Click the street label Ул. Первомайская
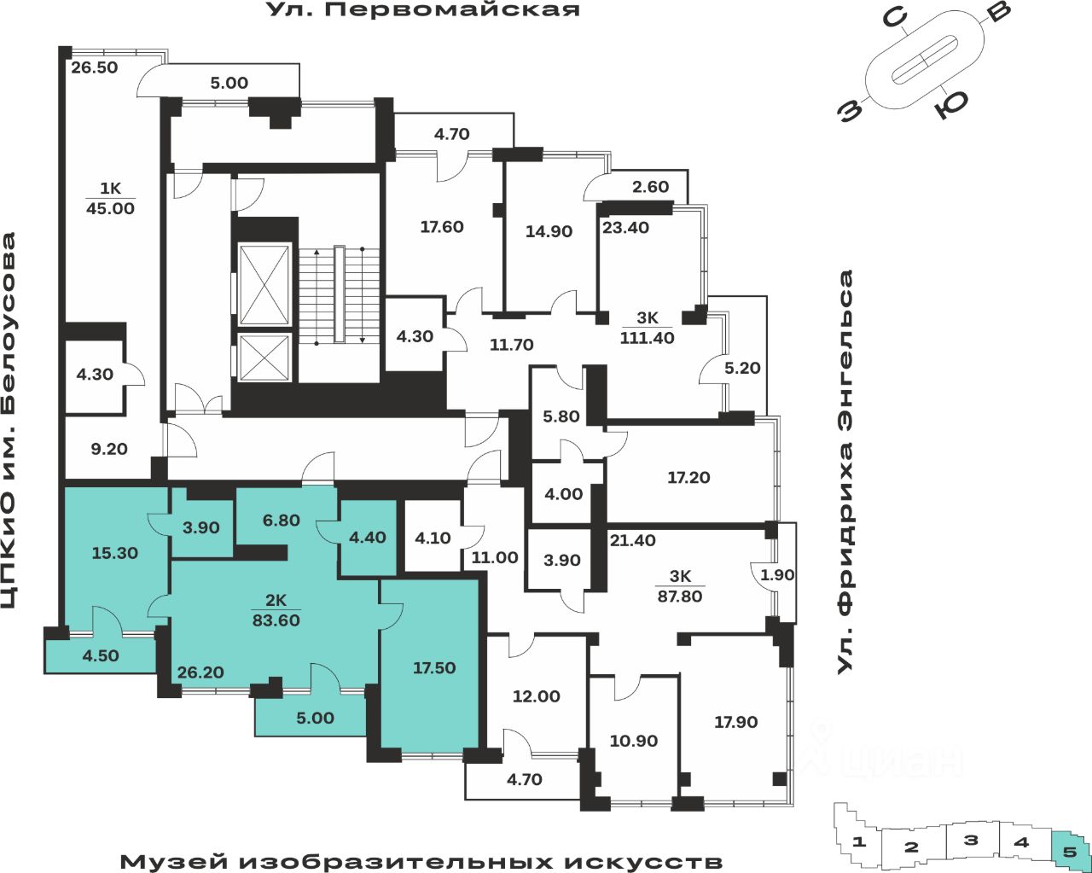(423, 10)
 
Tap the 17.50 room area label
(434, 668)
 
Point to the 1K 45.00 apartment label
(111, 199)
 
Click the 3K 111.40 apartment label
(648, 329)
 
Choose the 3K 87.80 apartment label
(679, 587)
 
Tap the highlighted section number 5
(1070, 850)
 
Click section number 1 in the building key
(861, 842)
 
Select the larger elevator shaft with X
(264, 285)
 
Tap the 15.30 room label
(115, 553)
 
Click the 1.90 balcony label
(777, 575)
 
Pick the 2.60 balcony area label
(650, 187)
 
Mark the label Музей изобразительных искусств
(421, 861)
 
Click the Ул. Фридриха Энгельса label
(845, 472)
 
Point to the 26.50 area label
(95, 67)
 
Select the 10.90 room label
(634, 741)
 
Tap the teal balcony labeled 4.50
(101, 656)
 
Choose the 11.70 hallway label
(511, 345)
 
